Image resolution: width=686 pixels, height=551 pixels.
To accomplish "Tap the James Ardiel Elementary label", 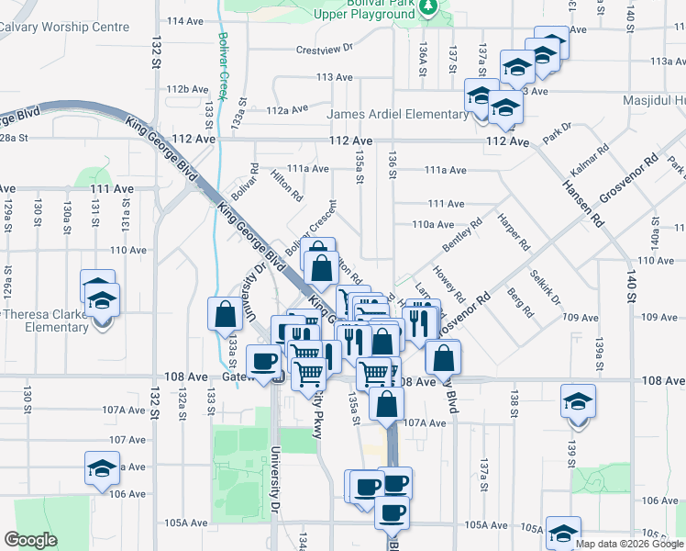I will coord(398,114).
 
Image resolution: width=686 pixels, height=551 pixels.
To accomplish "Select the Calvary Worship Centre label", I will coord(63,27).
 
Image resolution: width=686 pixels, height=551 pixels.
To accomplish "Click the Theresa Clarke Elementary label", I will coord(44,320).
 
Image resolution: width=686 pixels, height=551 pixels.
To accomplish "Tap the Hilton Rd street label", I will coord(287,184).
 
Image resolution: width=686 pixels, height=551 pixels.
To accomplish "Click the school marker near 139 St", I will coord(578,402).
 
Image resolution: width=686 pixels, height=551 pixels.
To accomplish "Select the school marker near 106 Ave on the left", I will coord(102,468).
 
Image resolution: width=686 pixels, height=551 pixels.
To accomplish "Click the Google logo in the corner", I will coord(31,540).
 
